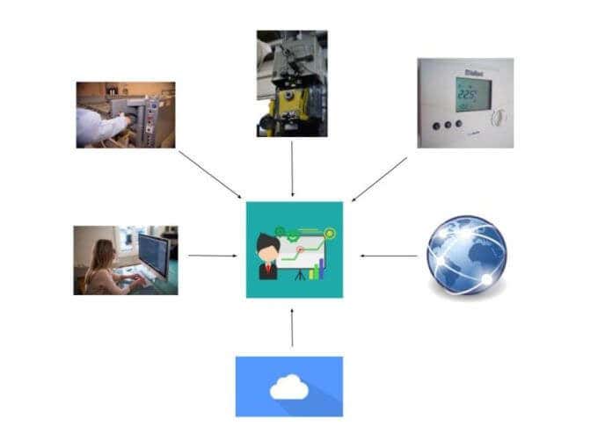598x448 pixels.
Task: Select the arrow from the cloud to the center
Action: click(x=292, y=327)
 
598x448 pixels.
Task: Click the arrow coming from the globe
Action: click(x=389, y=257)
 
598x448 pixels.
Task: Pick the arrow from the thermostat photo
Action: click(x=380, y=179)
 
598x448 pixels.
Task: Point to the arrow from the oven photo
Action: click(x=209, y=173)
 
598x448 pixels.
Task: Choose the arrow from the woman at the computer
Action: click(x=213, y=257)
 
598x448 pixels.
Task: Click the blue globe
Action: click(x=466, y=255)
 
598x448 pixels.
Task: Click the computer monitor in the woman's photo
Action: click(x=153, y=255)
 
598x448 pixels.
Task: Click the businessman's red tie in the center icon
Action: click(x=267, y=266)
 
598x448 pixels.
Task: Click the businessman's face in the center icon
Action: click(x=267, y=245)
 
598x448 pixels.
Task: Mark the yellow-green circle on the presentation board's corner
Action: click(x=330, y=233)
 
